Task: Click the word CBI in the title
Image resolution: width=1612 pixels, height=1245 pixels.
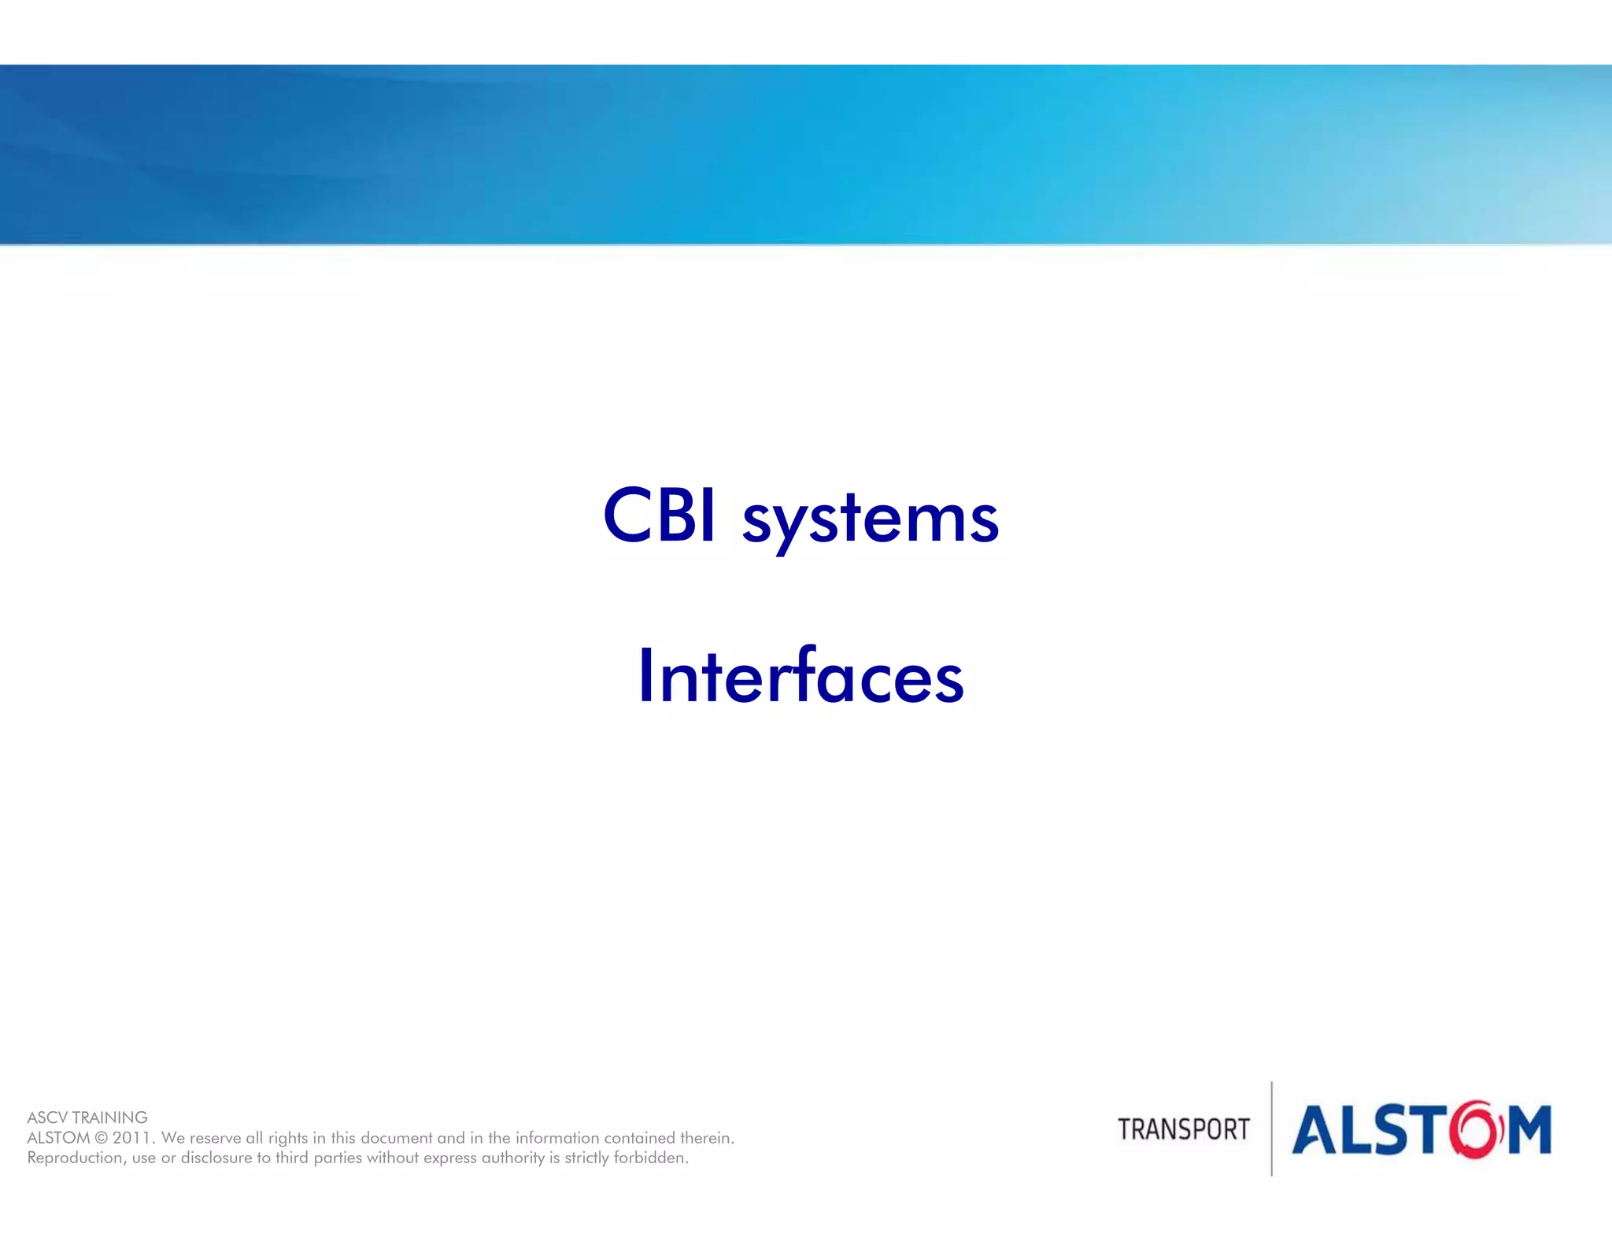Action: click(x=660, y=515)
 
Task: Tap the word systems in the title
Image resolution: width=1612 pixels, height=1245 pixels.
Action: click(x=871, y=520)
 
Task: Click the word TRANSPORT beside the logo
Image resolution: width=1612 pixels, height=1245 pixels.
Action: click(x=1183, y=1129)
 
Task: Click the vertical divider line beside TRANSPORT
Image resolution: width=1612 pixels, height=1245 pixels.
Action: click(x=1271, y=1129)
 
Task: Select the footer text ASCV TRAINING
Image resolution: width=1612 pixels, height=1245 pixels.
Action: click(x=87, y=1118)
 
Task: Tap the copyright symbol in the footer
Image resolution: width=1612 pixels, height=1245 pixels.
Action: click(x=101, y=1138)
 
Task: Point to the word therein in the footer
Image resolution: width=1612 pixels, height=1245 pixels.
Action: click(x=708, y=1138)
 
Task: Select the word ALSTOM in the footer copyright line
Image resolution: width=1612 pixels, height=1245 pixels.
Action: click(x=58, y=1138)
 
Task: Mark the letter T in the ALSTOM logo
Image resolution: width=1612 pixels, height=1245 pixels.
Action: click(x=1427, y=1130)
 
